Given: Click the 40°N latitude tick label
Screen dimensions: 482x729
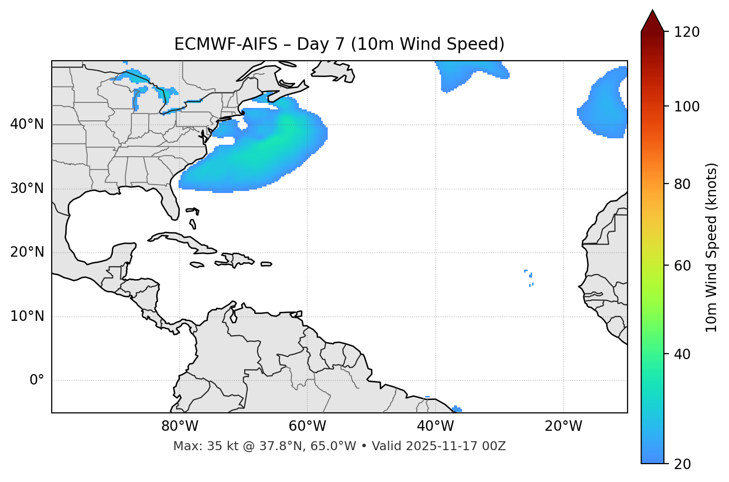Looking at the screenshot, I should click(27, 124).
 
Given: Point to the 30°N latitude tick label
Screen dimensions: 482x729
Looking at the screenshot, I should click(27, 189).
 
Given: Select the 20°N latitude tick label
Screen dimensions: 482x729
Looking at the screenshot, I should click(27, 253).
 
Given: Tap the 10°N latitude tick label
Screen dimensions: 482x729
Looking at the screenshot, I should click(27, 316).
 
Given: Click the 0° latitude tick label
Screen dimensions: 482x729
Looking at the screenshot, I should click(37, 381).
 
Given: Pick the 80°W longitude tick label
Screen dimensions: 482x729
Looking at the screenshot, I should click(180, 426).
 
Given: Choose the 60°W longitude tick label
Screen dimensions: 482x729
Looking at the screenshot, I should click(307, 426).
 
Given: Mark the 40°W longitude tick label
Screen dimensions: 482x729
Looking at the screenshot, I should click(435, 426).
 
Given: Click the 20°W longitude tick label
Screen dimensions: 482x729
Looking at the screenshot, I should click(563, 426).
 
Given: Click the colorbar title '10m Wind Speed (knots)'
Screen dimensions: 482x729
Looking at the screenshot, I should click(712, 247).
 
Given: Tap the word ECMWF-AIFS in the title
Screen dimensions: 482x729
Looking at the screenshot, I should click(226, 44).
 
